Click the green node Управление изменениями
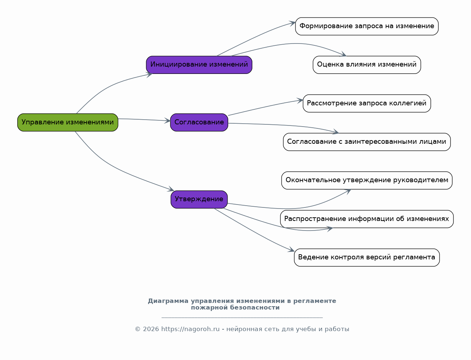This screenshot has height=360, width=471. coord(68,122)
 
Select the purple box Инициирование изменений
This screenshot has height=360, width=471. coord(199,65)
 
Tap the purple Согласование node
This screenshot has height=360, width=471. coord(199,122)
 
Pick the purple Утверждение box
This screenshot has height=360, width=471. coord(199,199)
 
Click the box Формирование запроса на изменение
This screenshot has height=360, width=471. coord(367,26)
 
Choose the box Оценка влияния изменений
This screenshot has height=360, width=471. coord(367,65)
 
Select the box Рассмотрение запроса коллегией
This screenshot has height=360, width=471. coord(367,103)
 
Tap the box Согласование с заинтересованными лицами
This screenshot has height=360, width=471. coord(367,142)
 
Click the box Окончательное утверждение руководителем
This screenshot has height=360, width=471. coord(367,180)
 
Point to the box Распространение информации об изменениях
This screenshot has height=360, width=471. coord(367,219)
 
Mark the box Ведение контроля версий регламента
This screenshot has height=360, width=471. coord(367,258)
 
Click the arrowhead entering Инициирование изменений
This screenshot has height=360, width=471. coord(149,75)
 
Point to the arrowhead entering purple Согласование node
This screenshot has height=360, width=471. coord(167,120)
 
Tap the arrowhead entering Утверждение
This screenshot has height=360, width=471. coord(171,189)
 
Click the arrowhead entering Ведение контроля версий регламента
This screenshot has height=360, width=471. coord(291,250)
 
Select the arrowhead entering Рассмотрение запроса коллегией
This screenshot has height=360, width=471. coord(300,101)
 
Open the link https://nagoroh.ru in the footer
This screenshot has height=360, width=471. coord(190,329)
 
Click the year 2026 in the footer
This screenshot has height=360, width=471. coord(151,329)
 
